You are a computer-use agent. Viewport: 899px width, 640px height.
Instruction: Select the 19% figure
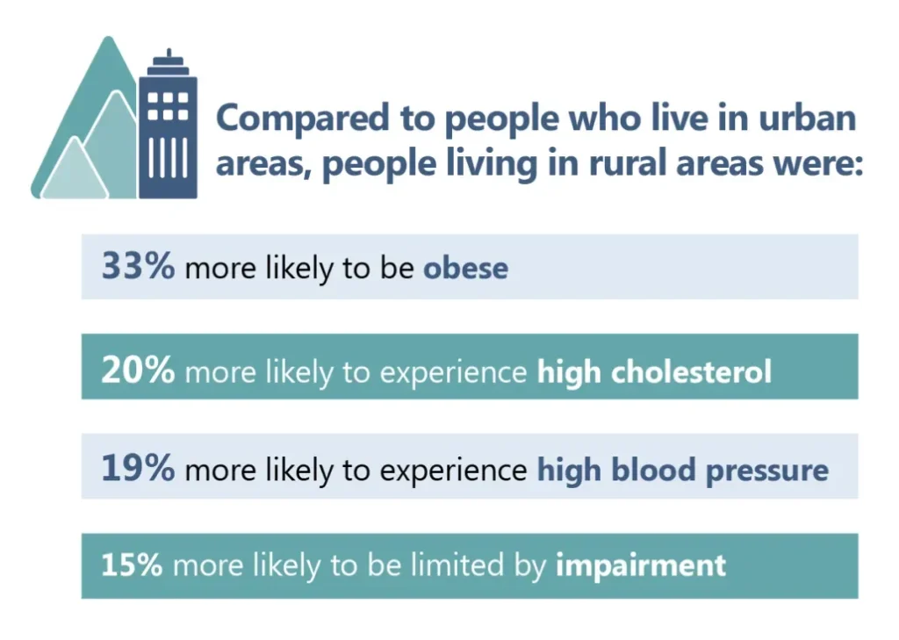(x=138, y=468)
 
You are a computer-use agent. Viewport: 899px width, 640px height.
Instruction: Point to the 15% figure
(x=132, y=564)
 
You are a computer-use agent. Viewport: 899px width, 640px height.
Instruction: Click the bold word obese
(x=465, y=268)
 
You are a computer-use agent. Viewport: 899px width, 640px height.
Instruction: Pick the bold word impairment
(x=641, y=565)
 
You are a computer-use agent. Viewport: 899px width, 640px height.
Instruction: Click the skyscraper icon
(x=167, y=132)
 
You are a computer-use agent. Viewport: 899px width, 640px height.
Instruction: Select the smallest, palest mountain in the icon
(x=74, y=171)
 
